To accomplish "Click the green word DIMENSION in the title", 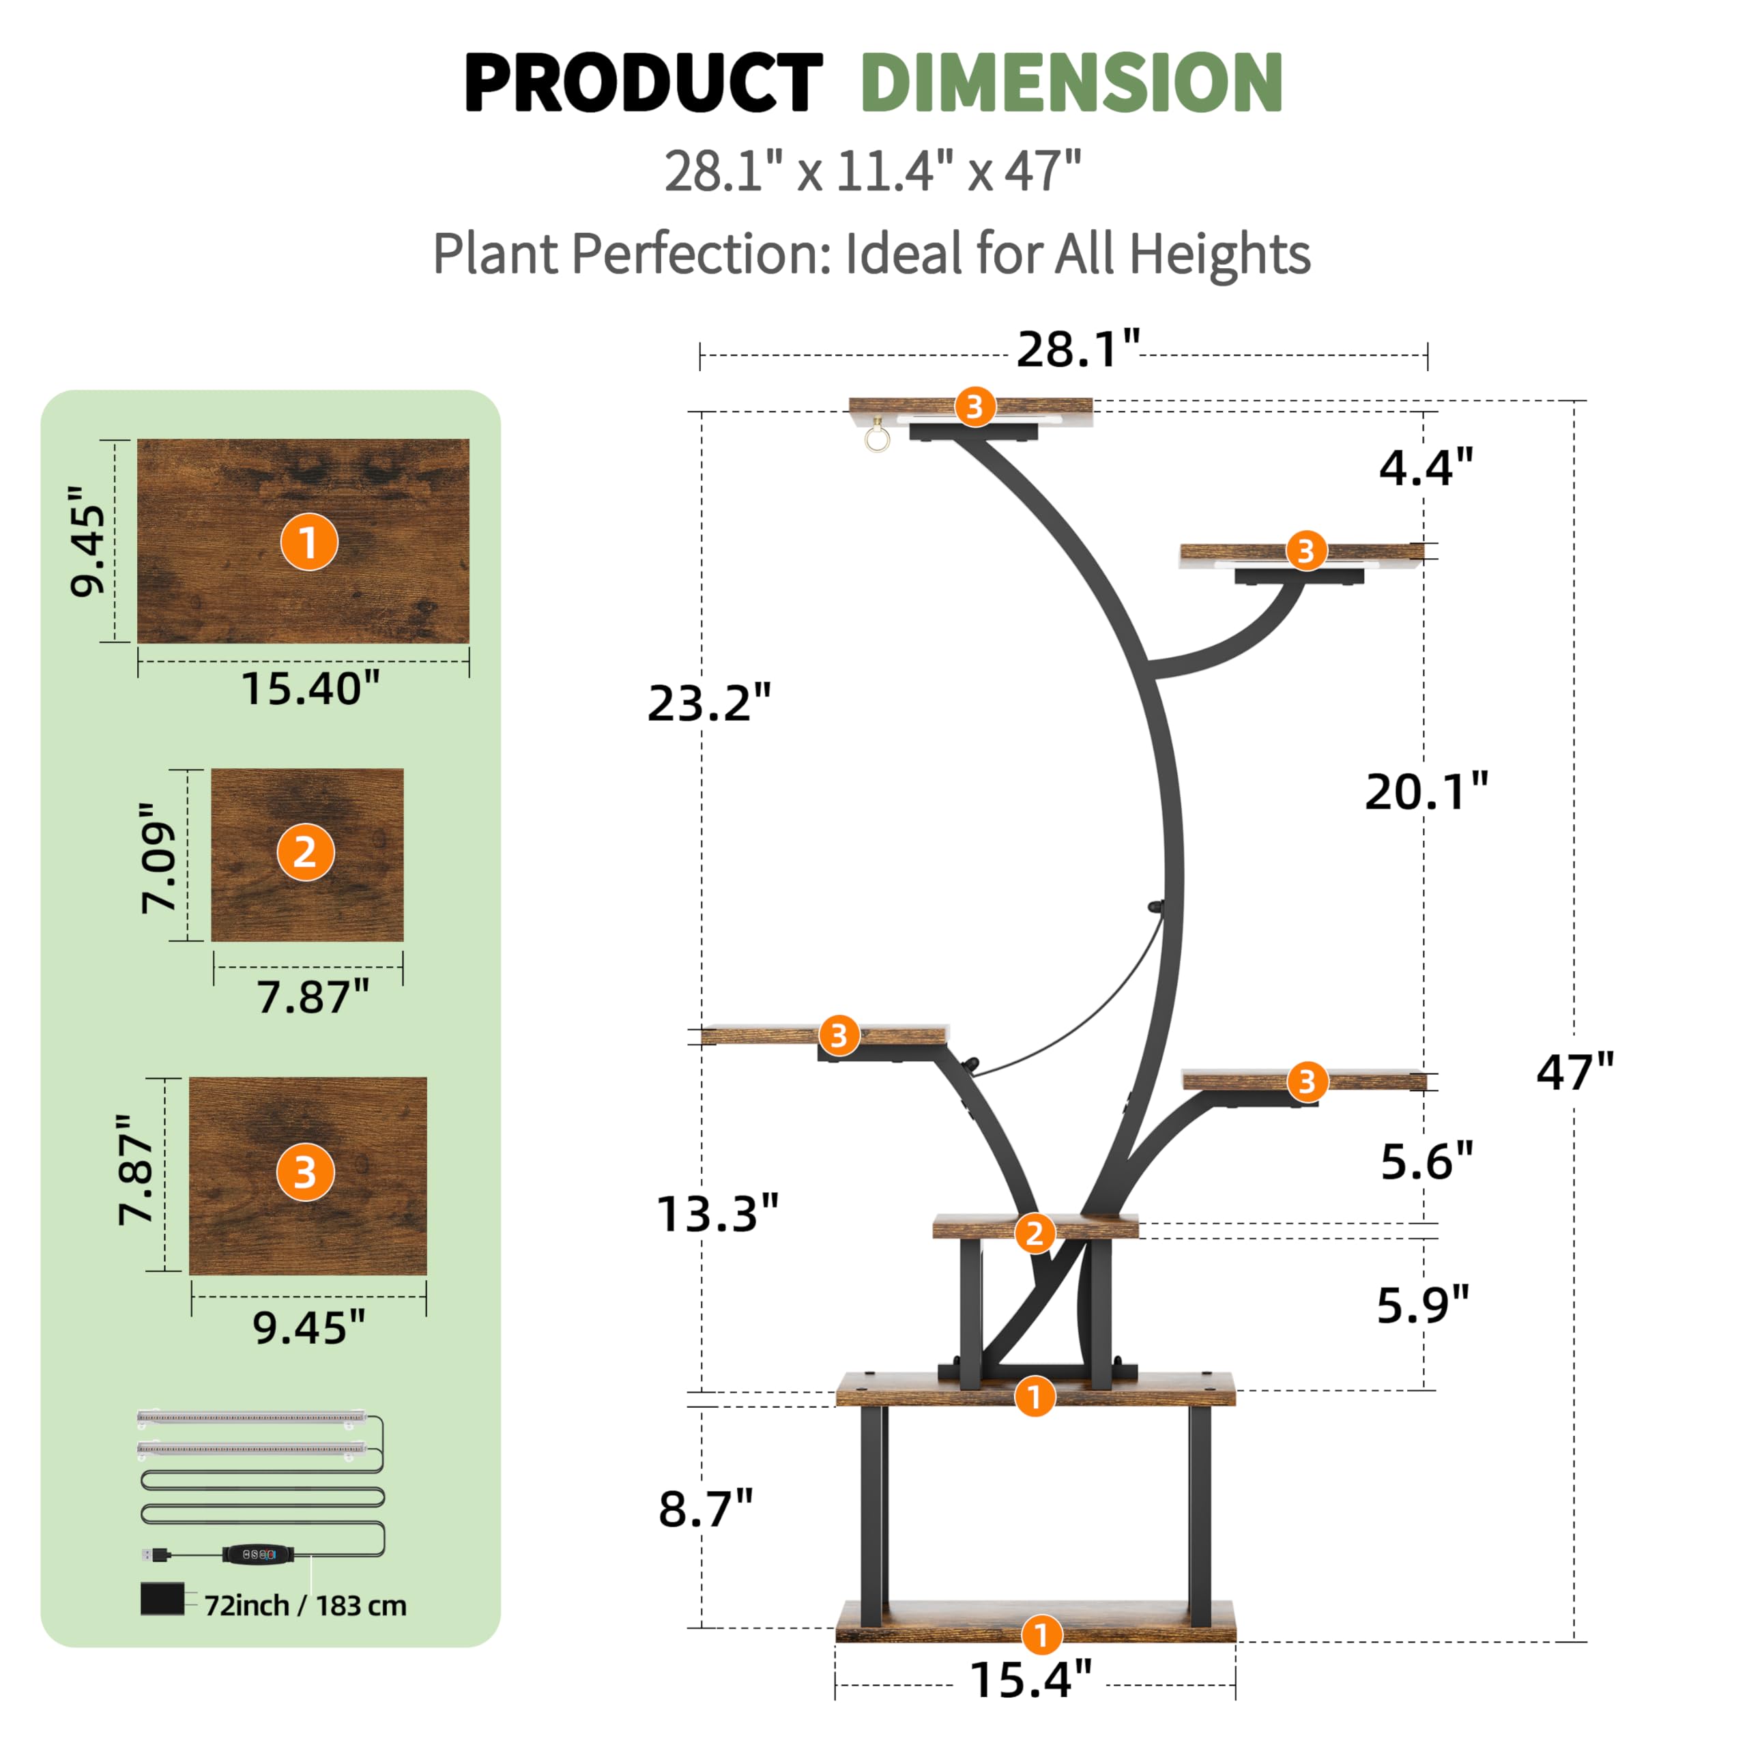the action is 1073,83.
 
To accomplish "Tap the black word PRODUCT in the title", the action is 644,83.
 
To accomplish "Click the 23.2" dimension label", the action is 710,704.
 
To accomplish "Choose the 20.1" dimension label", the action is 1427,792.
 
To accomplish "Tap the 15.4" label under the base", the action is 1031,1679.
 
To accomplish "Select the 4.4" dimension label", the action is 1427,467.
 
